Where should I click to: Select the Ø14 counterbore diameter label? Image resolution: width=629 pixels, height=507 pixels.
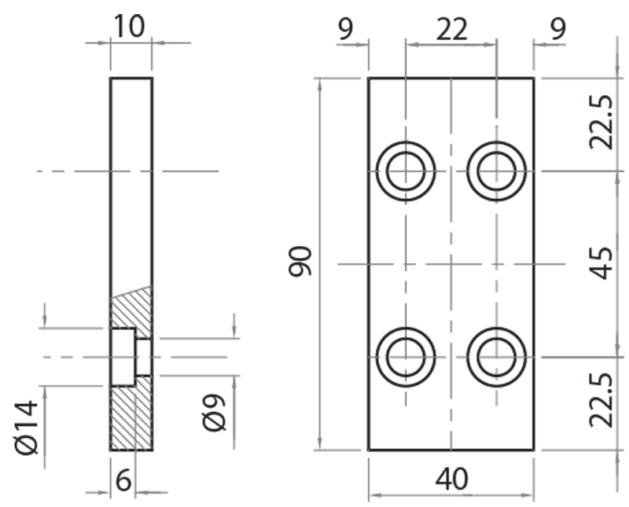(26, 424)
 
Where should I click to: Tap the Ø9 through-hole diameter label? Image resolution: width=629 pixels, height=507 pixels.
(215, 410)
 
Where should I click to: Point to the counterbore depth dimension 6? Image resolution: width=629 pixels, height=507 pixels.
(123, 479)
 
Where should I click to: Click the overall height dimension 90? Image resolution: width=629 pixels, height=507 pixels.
(301, 261)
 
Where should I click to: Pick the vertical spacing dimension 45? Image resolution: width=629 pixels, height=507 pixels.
(601, 263)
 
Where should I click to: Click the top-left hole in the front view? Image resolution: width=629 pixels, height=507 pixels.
(406, 171)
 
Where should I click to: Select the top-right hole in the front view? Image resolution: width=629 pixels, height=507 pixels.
(497, 171)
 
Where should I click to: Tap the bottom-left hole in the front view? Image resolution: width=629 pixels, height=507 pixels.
(406, 355)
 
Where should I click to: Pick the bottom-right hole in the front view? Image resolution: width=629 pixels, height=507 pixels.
(497, 355)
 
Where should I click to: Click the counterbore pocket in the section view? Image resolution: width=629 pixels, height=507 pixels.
(122, 357)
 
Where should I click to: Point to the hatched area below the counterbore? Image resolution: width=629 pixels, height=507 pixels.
(131, 417)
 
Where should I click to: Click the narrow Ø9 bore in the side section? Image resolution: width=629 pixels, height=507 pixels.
(143, 357)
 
